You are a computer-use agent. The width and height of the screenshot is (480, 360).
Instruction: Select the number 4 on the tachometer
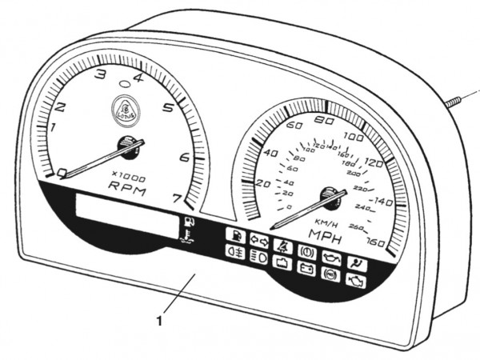pos(138,78)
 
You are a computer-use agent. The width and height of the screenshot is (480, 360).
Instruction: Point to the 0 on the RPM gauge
pos(63,172)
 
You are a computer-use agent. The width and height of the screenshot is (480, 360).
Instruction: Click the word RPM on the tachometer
pos(126,187)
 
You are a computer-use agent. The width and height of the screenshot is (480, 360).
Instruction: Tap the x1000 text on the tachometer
pos(127,175)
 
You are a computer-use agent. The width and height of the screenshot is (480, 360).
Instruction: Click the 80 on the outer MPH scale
pos(325,121)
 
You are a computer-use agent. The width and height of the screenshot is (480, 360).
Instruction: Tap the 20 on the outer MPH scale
pos(262,183)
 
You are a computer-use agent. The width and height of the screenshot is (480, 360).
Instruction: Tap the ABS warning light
pos(328,272)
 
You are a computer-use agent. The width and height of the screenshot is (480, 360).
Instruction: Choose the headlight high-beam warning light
pos(258,257)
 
